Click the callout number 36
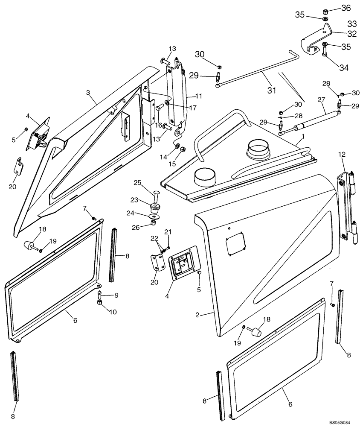click(345, 8)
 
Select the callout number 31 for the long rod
click(271, 90)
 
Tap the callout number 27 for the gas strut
click(320, 100)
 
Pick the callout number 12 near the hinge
click(342, 154)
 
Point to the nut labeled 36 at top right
click(325, 10)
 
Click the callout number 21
click(168, 231)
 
